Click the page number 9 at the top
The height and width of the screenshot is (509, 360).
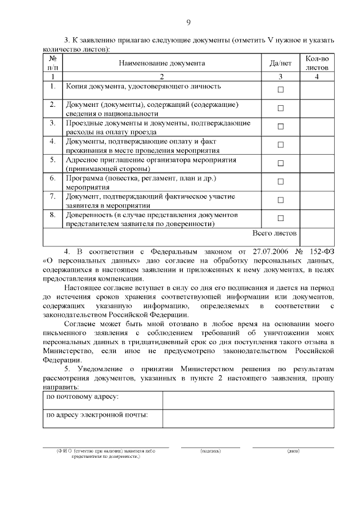188,22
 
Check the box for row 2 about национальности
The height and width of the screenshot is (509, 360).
281,109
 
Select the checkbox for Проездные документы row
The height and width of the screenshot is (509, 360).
281,127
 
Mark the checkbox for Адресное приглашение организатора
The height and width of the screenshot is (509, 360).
281,163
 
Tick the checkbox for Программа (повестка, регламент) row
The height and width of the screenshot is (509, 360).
281,182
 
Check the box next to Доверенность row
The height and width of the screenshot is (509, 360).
281,218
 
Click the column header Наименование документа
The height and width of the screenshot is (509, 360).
161,64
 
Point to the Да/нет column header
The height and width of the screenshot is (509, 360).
281,64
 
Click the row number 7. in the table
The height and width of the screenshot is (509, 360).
52,196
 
